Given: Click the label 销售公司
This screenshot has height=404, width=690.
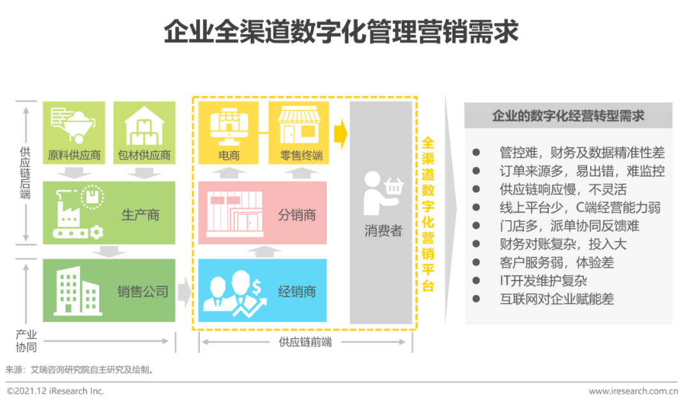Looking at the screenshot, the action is point(142,292).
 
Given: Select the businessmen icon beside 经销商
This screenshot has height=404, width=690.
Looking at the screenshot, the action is point(232,291).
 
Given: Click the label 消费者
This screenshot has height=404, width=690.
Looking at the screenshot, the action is point(383,231).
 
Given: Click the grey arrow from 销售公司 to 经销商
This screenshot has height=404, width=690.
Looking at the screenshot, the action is point(184,292).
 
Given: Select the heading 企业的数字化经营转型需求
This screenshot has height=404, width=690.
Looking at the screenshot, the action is point(567,116).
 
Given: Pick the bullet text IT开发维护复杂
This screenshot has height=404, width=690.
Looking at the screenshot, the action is point(543,281).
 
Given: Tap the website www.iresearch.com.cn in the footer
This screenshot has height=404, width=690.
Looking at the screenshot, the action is point(632,391).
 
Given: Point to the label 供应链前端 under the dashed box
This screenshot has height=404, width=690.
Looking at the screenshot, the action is point(305,342).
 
